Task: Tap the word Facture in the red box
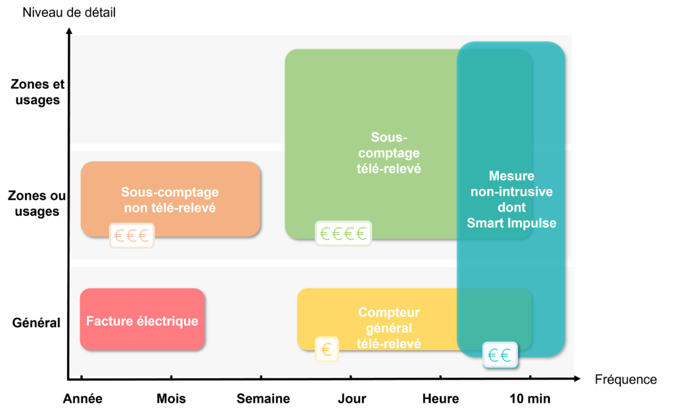point(106,322)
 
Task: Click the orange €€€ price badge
point(131,235)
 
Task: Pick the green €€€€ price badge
point(343,233)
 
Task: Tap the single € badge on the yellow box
point(327,349)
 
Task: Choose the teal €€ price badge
point(500,355)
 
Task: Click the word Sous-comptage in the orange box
point(170,192)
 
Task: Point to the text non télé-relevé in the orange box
point(170,208)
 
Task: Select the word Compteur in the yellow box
point(388,313)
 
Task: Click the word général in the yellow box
point(388,328)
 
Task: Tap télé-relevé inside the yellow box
point(388,343)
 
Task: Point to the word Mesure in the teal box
point(511,176)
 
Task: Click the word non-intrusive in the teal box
point(511,192)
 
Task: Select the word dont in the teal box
point(511,207)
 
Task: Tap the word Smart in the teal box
point(488,223)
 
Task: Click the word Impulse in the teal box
point(533,223)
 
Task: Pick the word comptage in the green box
point(388,153)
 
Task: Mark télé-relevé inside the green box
point(388,169)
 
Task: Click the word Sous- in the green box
point(388,138)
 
